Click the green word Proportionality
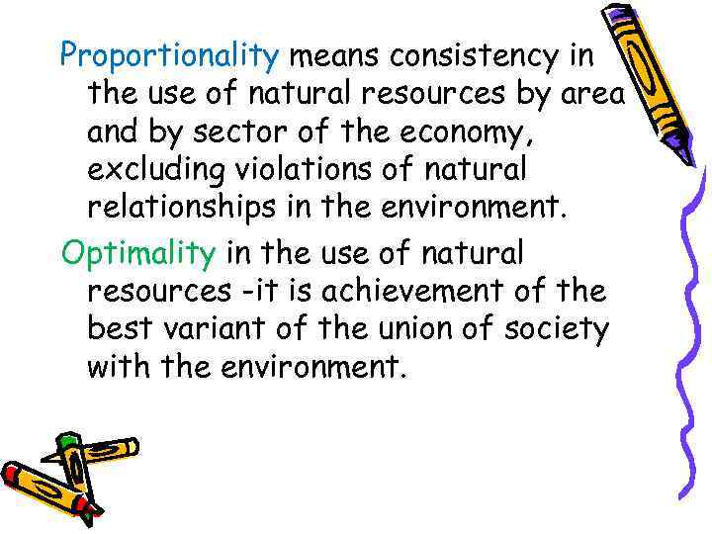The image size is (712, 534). click(170, 57)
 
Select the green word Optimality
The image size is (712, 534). click(137, 254)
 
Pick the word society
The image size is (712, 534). click(555, 329)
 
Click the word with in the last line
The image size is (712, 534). click(117, 367)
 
